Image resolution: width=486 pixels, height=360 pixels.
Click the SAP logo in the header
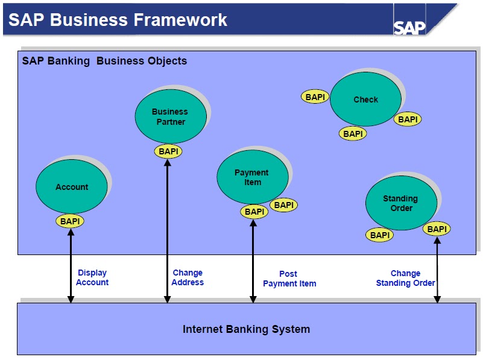point(410,27)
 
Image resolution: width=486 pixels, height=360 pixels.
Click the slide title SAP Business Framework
point(118,19)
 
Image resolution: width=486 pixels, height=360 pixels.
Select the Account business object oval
point(72,187)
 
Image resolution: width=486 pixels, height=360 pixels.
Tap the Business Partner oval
point(170,116)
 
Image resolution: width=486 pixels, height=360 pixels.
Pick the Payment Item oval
point(252,177)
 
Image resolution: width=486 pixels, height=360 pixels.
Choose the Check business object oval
point(365,99)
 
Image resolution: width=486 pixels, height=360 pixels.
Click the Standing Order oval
point(400,203)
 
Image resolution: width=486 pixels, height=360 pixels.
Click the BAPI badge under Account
point(70,221)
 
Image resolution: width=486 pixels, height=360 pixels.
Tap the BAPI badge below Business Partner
point(168,151)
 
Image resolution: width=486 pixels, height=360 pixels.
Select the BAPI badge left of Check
point(315,96)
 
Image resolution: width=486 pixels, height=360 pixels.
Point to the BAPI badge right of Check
point(408,119)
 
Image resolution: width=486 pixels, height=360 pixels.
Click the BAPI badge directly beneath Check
point(353,134)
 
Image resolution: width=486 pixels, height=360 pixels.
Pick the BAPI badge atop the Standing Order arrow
point(437,229)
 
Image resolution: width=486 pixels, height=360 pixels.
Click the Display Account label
point(92,277)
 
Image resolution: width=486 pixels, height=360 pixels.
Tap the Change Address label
point(188,277)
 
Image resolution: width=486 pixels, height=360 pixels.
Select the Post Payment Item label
point(289,279)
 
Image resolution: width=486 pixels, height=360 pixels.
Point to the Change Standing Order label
point(405,278)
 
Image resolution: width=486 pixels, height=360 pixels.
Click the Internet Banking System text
point(246,329)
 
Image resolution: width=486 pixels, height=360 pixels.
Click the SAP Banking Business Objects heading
point(104,61)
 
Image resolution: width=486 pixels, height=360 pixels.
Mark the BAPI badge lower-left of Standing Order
point(380,235)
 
